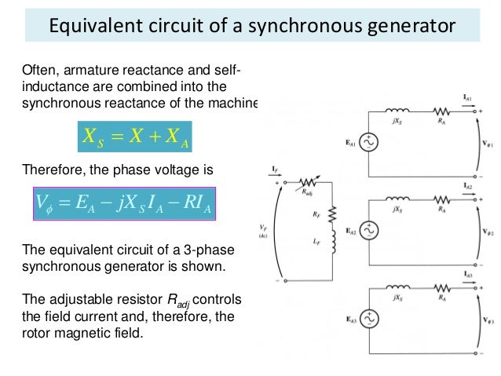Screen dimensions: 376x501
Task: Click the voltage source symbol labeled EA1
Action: (367, 142)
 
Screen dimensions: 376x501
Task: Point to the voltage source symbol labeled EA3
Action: (367, 319)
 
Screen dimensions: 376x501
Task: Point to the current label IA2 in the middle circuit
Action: (468, 186)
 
